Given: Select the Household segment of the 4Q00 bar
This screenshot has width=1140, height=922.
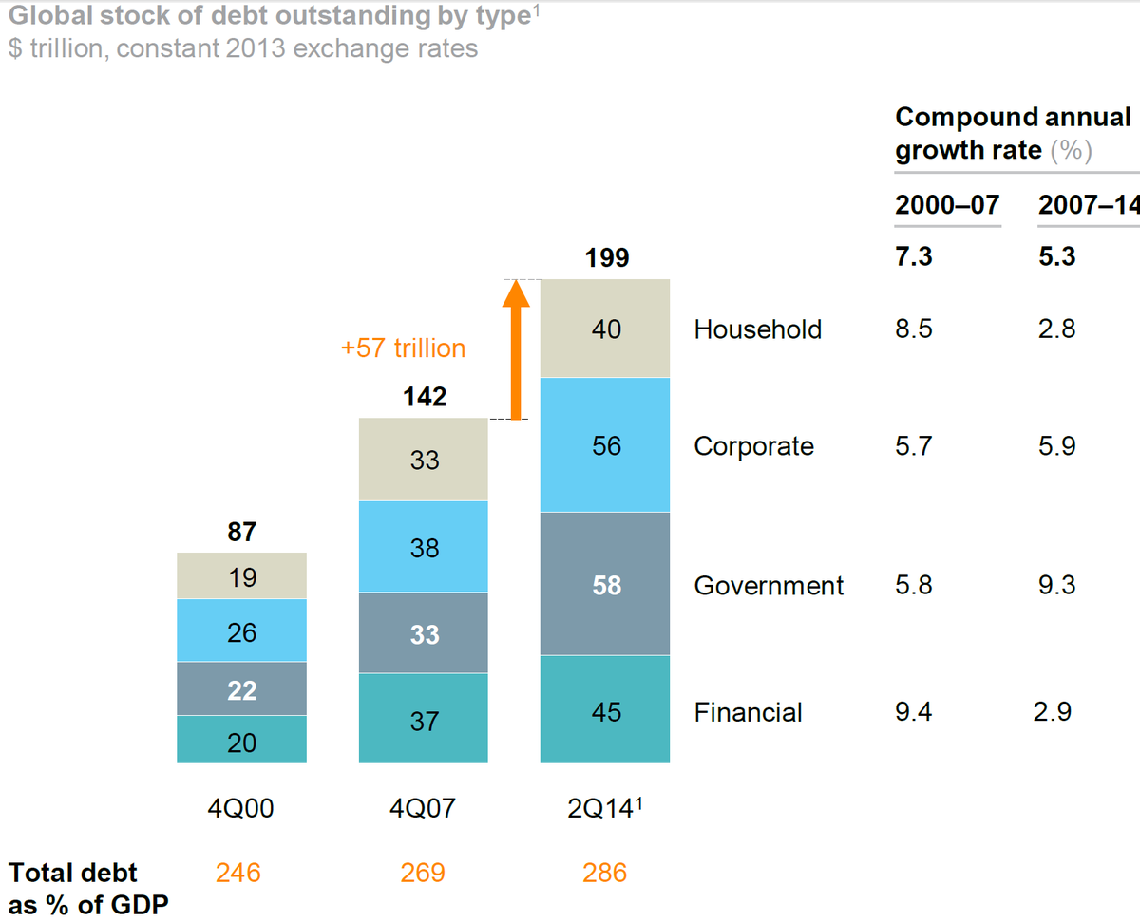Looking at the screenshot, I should pos(242,576).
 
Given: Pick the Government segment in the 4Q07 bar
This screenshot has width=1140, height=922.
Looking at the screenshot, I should pos(424,633).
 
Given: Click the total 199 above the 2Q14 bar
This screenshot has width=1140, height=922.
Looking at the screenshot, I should pos(607,258).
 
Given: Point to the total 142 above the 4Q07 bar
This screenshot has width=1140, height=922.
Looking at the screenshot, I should pos(424,397).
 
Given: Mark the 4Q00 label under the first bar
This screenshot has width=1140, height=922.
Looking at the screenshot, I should pos(242,809).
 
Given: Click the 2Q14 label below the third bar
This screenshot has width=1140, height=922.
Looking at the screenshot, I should pos(604,809).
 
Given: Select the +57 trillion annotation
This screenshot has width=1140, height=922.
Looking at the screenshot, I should pos(404,348).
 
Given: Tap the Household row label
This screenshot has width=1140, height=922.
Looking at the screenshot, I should pos(757,329).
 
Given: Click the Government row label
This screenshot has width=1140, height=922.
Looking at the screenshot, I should pos(769,586).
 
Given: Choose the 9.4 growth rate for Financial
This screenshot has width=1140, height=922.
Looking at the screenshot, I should pos(914,711).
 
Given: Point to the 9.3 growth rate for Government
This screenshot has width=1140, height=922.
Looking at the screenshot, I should pos(1056,585).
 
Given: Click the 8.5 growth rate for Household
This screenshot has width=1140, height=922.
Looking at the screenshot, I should pos(914,329).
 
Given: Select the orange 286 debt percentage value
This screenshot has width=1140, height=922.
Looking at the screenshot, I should pos(604,873).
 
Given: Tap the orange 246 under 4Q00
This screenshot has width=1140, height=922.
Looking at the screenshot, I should pos(238,873).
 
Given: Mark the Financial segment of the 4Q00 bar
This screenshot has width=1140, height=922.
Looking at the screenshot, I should pos(242,741).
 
